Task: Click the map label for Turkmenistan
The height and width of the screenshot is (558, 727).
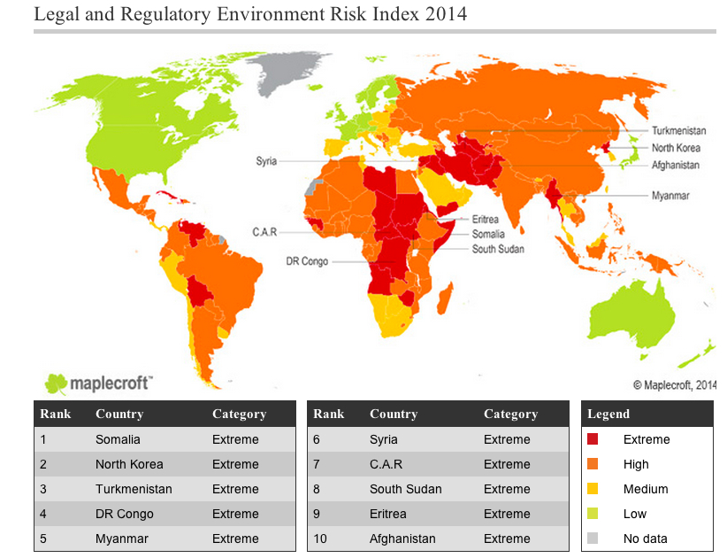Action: pos(678,130)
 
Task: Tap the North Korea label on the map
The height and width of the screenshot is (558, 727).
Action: pos(676,148)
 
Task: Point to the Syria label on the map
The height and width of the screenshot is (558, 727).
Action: pos(266,161)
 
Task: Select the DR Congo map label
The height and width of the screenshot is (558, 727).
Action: pos(307,261)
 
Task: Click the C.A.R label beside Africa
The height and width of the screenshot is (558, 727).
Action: pos(264,232)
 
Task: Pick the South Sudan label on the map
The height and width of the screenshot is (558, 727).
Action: pos(497,249)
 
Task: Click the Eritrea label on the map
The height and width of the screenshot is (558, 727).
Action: pos(485,219)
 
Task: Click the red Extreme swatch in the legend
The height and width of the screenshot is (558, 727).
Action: pos(593,439)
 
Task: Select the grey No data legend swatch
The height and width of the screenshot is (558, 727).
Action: pos(593,539)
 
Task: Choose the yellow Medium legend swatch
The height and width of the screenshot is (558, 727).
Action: pos(593,489)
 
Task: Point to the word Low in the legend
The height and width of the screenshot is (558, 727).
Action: pos(634,514)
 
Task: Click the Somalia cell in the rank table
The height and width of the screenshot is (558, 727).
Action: pos(118,439)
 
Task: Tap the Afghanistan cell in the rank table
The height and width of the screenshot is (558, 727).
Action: pos(402,539)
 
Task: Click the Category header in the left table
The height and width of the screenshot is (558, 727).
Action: pos(239,414)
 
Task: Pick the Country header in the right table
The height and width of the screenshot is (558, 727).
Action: pos(394,414)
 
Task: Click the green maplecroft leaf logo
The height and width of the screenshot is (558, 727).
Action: pos(57,383)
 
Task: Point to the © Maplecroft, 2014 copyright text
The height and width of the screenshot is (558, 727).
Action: pos(675,384)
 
